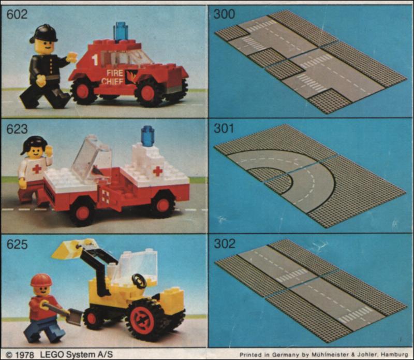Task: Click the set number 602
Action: pos(17,14)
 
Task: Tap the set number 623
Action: pos(17,129)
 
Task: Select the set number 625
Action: pos(17,244)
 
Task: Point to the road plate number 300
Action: pos(224,14)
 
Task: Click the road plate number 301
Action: pos(224,128)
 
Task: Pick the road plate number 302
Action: pos(225,243)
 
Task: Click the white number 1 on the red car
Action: pos(95,60)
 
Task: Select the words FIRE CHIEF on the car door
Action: pos(112,77)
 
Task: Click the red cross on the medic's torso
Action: pos(37,168)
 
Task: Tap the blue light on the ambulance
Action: pos(147,136)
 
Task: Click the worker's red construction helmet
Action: pos(41,280)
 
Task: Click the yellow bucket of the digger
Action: pos(75,248)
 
